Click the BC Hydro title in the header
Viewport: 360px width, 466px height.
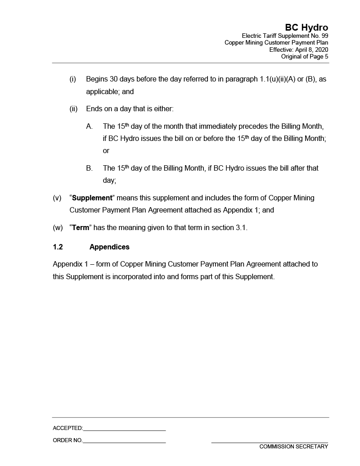pos(306,28)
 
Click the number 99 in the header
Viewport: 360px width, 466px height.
pos(324,36)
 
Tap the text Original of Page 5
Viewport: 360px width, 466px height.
pos(305,56)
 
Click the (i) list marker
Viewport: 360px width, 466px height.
pos(72,79)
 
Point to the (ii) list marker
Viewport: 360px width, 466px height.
pos(73,109)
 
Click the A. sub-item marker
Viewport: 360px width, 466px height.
pos(90,127)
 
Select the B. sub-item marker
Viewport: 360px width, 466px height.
pos(90,168)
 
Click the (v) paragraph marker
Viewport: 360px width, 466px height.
pos(57,198)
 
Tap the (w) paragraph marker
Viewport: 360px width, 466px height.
pos(58,228)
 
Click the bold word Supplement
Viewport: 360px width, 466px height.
pos(92,198)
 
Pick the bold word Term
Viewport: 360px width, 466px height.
pos(81,228)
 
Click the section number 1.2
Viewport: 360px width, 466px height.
pos(58,247)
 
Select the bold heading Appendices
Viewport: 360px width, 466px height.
pos(109,247)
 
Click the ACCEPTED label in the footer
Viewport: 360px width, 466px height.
pos(67,428)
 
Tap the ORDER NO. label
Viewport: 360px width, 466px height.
pos(67,440)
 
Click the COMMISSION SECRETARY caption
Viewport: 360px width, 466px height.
pos(293,447)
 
